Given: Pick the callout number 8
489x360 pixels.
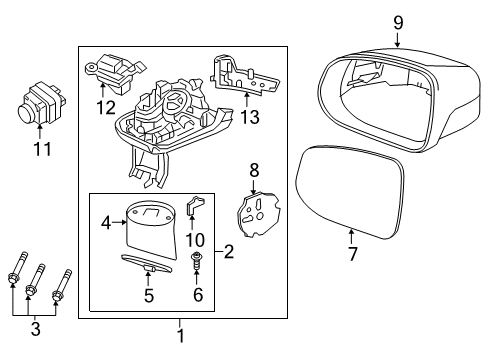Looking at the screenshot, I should click(x=253, y=171).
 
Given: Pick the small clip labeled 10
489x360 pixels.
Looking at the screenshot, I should click(x=196, y=209).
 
